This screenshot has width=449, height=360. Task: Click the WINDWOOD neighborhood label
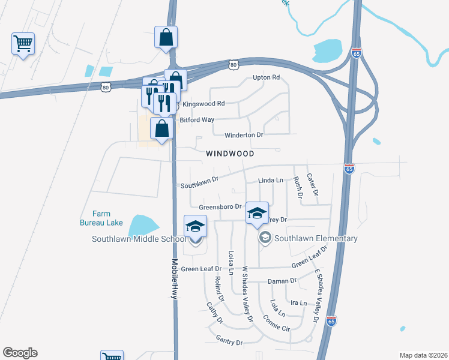tap(230, 154)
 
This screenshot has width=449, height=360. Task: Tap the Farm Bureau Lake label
tap(101, 218)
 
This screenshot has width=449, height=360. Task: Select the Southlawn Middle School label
tap(139, 239)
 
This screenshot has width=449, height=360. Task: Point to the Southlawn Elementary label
tap(316, 238)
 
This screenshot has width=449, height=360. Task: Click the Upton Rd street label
tap(267, 77)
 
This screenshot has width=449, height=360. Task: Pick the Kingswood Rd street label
tap(203, 103)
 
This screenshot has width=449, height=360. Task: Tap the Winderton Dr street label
tap(244, 135)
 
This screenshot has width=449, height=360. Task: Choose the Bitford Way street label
tap(197, 120)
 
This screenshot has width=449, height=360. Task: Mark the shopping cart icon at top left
tap(23, 43)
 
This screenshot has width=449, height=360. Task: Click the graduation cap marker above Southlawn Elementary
tap(257, 214)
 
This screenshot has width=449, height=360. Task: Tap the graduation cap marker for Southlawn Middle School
tap(196, 228)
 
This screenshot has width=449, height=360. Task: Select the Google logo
tap(20, 353)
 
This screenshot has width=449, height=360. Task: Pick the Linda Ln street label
tap(270, 180)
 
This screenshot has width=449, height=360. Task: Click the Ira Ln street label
tap(298, 303)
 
